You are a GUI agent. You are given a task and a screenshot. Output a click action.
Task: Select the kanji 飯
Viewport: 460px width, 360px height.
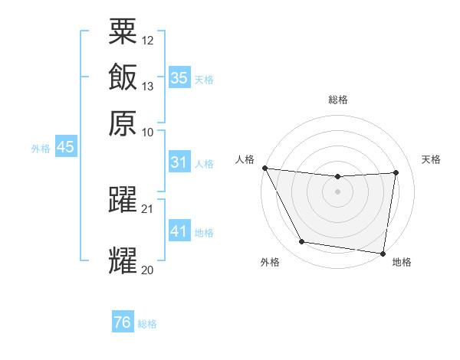pos(123,77)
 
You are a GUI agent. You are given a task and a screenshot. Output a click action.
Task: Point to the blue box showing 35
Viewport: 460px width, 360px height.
pos(179,77)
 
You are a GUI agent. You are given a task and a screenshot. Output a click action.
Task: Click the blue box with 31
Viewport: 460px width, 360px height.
pos(179,162)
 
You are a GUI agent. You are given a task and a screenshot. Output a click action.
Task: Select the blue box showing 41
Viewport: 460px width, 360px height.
pos(179,231)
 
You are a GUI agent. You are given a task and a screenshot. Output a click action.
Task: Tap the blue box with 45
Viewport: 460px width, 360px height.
pos(65,147)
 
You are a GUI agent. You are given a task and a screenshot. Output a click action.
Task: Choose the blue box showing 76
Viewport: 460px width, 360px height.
pos(123,322)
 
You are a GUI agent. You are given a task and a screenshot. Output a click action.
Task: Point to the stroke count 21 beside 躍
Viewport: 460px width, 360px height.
pos(148,209)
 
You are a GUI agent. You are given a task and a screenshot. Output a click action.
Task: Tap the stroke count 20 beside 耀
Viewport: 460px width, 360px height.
pos(148,270)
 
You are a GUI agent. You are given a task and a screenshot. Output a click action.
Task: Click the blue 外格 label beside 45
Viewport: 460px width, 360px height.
pos(41,149)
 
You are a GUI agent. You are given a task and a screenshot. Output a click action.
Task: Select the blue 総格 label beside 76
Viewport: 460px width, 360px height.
pos(147,324)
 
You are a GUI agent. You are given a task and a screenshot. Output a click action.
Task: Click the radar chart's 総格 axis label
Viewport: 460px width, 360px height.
pos(338,100)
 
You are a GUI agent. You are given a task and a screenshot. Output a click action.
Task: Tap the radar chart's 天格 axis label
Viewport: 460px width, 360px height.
pos(431,159)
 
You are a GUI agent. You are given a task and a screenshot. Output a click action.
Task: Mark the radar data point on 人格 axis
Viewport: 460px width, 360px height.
pos(264,168)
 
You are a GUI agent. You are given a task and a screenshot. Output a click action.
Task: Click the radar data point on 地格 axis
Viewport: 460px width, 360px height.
pos(383,253)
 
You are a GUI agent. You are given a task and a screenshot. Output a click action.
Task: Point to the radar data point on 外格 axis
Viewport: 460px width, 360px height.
pos(301,243)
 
